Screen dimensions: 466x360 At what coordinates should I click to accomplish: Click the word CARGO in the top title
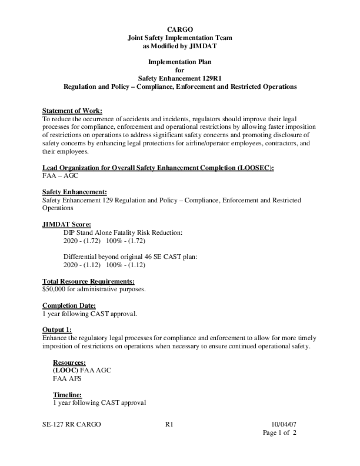tap(179, 29)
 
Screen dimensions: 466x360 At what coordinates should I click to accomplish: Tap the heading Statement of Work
tap(72, 111)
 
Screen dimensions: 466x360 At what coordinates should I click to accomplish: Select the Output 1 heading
tap(57, 329)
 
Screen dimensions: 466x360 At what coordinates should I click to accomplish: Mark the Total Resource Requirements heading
tap(89, 281)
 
